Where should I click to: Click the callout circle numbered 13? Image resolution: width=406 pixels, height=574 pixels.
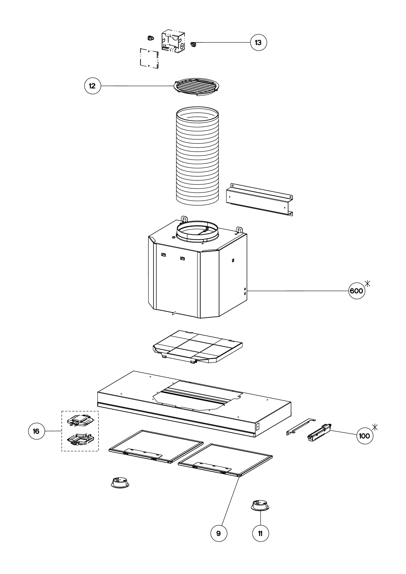258,42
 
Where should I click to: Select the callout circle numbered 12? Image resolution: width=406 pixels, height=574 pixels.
92,86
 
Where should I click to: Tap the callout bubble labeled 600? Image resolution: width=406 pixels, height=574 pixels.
357,291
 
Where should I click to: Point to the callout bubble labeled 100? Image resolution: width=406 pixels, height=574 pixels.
365,436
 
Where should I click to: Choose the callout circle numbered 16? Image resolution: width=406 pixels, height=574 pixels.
37,431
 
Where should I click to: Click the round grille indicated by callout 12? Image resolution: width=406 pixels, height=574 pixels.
197,87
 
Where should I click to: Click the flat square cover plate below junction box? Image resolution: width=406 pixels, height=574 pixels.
149,58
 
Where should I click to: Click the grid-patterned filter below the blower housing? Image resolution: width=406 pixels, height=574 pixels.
197,347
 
